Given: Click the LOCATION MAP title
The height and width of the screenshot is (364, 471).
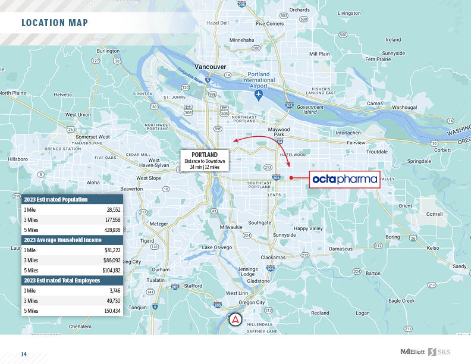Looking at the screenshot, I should point(55,23).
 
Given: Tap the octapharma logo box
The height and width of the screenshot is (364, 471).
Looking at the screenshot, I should point(345,178).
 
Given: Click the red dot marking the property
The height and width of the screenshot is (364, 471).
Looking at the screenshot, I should point(291,178).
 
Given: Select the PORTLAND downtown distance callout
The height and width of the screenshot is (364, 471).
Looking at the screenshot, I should point(204,161).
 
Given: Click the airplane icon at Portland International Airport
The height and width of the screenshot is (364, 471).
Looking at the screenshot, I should point(259,95).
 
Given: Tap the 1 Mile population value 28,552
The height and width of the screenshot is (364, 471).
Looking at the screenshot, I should point(112,210).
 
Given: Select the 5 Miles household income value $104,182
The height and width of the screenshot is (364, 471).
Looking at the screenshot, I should point(111,270).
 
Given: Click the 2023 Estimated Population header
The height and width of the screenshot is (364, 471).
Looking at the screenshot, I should point(56,199).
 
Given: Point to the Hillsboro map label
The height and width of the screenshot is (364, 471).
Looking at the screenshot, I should point(18,159).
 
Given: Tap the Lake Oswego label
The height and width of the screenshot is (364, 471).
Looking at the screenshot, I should point(216,247).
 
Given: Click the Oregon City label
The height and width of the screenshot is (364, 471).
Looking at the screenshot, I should point(252,303).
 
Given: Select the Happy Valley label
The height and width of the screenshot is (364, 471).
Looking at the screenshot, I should point(309,228).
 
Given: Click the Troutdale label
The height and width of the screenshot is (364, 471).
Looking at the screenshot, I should point(376,152).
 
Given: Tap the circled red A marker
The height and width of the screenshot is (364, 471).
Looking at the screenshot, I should point(235,319).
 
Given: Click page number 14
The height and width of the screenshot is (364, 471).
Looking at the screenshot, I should point(24,354).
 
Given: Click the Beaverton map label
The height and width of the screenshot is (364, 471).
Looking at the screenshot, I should point(131,189).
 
